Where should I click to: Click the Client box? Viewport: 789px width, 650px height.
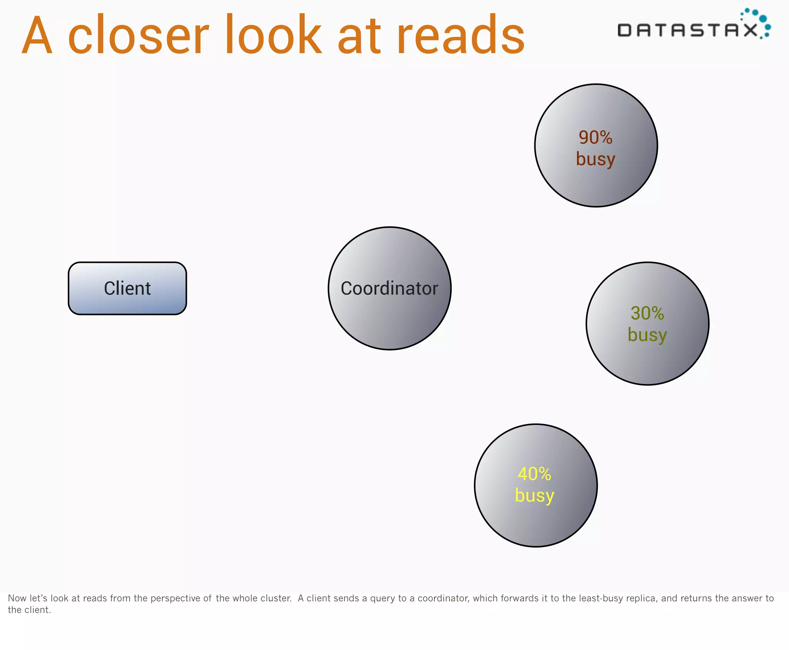(127, 288)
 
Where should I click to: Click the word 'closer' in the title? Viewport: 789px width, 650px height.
(138, 35)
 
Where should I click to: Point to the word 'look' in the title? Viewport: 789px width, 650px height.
(279, 35)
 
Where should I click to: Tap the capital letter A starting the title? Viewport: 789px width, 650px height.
(37, 35)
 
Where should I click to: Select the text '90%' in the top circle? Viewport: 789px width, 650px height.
(595, 138)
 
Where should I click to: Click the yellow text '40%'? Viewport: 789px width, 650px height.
(534, 474)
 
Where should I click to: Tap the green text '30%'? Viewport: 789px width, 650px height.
(647, 313)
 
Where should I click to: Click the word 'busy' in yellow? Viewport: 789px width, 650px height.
(534, 496)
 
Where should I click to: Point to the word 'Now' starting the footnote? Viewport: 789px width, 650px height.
(17, 598)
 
